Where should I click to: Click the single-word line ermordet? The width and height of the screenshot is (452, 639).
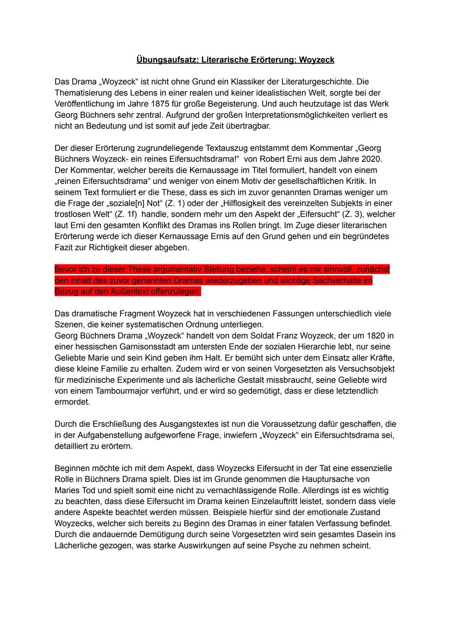[x=72, y=402]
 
